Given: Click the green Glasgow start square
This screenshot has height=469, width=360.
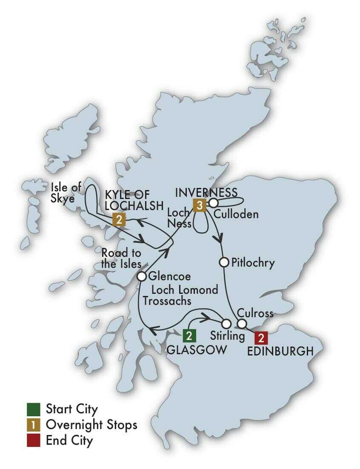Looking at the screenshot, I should point(189,336).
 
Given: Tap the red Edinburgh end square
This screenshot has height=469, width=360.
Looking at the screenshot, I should point(261,338).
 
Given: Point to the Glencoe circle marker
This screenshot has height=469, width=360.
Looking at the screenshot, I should point(142,277).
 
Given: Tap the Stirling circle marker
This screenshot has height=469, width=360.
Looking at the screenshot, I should point(226,324).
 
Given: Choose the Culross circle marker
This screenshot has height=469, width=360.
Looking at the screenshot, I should point(242,324).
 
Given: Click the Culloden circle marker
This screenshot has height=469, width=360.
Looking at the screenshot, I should point(213,202).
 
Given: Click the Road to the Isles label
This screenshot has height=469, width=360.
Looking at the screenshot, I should point(121,258).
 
